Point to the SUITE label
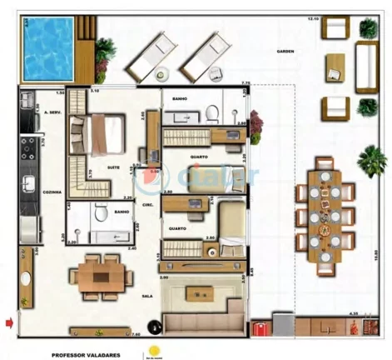pyautogui.click(x=113, y=167)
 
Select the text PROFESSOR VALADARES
pyautogui.click(x=87, y=353)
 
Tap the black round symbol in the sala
pyautogui.click(x=152, y=327)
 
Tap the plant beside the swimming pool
pyautogui.click(x=103, y=56)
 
